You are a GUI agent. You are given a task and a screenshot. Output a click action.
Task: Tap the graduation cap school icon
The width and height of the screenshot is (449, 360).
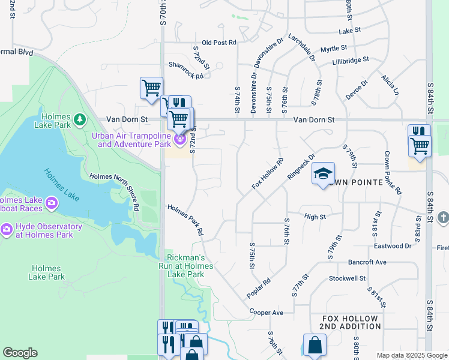click(323, 175)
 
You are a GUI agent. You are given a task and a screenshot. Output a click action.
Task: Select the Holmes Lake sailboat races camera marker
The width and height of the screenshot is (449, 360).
click(52, 203)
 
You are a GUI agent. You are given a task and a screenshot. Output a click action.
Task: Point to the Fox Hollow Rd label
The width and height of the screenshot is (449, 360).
click(268, 174)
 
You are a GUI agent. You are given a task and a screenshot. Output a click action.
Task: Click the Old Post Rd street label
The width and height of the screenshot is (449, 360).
click(219, 43)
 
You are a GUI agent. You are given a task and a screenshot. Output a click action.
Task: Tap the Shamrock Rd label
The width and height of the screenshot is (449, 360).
click(186, 70)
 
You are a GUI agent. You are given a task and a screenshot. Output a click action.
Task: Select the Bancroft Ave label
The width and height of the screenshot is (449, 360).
click(367, 262)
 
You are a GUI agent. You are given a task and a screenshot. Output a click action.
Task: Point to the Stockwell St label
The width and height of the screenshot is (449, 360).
click(347, 278)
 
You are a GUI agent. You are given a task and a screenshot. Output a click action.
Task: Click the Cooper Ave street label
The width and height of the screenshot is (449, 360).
click(267, 313)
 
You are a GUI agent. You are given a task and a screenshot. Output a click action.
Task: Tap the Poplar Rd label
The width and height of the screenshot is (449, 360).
click(259, 289)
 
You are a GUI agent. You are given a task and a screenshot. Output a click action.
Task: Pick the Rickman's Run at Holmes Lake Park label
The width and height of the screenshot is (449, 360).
click(186, 266)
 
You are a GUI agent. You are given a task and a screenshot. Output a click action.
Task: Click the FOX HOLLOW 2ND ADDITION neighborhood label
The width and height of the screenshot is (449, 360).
click(351, 322)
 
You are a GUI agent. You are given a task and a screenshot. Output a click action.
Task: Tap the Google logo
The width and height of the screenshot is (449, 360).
click(20, 353)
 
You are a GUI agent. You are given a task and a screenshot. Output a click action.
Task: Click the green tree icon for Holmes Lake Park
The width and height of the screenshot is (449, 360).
click(79, 121)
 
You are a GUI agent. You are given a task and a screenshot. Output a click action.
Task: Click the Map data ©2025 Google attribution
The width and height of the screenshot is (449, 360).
click(412, 355)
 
